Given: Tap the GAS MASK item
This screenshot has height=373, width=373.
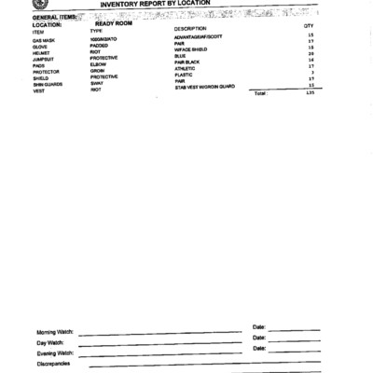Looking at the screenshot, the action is click(43, 41).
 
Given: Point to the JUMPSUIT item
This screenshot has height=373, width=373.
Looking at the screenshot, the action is click(44, 58).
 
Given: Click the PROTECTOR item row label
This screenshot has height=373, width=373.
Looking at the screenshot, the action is click(46, 71).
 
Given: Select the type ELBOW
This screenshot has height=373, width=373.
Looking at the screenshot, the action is click(98, 64).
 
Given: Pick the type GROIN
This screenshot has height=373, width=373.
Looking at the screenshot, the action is click(97, 71).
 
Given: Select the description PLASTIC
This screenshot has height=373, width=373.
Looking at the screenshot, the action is click(185, 74).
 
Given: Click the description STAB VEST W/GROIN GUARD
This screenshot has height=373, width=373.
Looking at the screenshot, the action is click(204, 87).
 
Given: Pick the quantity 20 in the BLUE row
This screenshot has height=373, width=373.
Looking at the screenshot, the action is click(310, 54).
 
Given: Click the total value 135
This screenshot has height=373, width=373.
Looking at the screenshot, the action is click(310, 93).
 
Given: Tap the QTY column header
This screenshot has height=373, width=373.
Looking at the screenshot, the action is click(309, 27).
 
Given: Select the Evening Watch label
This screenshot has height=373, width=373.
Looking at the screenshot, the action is click(55, 353).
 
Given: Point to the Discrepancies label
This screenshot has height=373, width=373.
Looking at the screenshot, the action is click(53, 364).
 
